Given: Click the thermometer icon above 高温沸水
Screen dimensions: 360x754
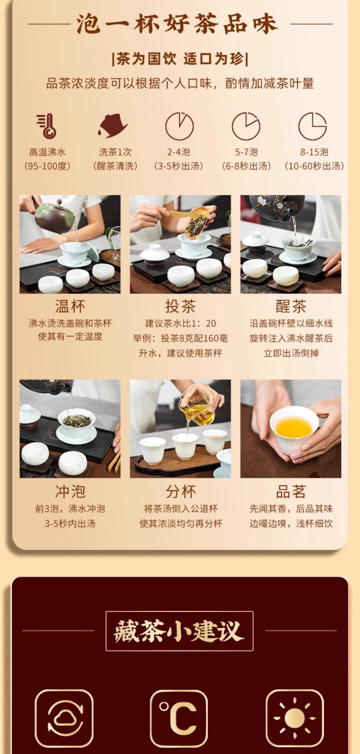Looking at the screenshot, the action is pos(47,126).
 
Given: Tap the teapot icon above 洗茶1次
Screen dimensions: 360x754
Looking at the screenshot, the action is pos(112,126).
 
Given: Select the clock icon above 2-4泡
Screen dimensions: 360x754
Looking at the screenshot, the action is pos(180,126).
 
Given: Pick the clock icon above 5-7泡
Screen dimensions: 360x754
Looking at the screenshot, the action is pos(246,126).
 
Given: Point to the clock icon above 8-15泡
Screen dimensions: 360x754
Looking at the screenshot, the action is pos(313,126).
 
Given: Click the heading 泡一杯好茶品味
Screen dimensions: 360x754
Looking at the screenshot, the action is pos(178,24).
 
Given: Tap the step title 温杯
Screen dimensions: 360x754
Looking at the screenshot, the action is pos(70,306).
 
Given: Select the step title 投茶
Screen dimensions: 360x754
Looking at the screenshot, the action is pos(180,306).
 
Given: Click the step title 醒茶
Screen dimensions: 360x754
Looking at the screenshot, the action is pos(291,306).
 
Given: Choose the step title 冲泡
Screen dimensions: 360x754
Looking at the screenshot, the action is pos(70,491).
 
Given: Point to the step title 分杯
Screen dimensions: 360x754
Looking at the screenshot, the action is pos(180,491).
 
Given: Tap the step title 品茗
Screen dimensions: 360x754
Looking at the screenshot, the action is pos(291,491).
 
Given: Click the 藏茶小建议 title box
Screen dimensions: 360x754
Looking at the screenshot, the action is pos(180,631).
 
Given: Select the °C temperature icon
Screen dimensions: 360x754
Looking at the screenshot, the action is pos(179,718).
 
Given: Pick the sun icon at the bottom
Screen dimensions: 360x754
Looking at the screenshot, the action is pos(295,718).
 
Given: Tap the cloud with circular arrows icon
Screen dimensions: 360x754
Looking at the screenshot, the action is pos(64,718).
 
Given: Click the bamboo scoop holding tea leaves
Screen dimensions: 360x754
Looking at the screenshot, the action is pos(195,222).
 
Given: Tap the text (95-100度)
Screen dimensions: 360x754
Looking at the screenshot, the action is pos(47,166).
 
